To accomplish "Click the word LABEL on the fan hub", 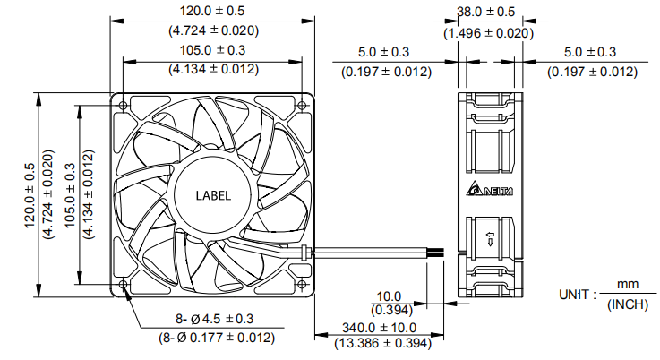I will [213, 195].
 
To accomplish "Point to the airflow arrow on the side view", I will [490, 240].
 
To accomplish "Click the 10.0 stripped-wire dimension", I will [389, 295].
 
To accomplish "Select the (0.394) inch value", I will [389, 310].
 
